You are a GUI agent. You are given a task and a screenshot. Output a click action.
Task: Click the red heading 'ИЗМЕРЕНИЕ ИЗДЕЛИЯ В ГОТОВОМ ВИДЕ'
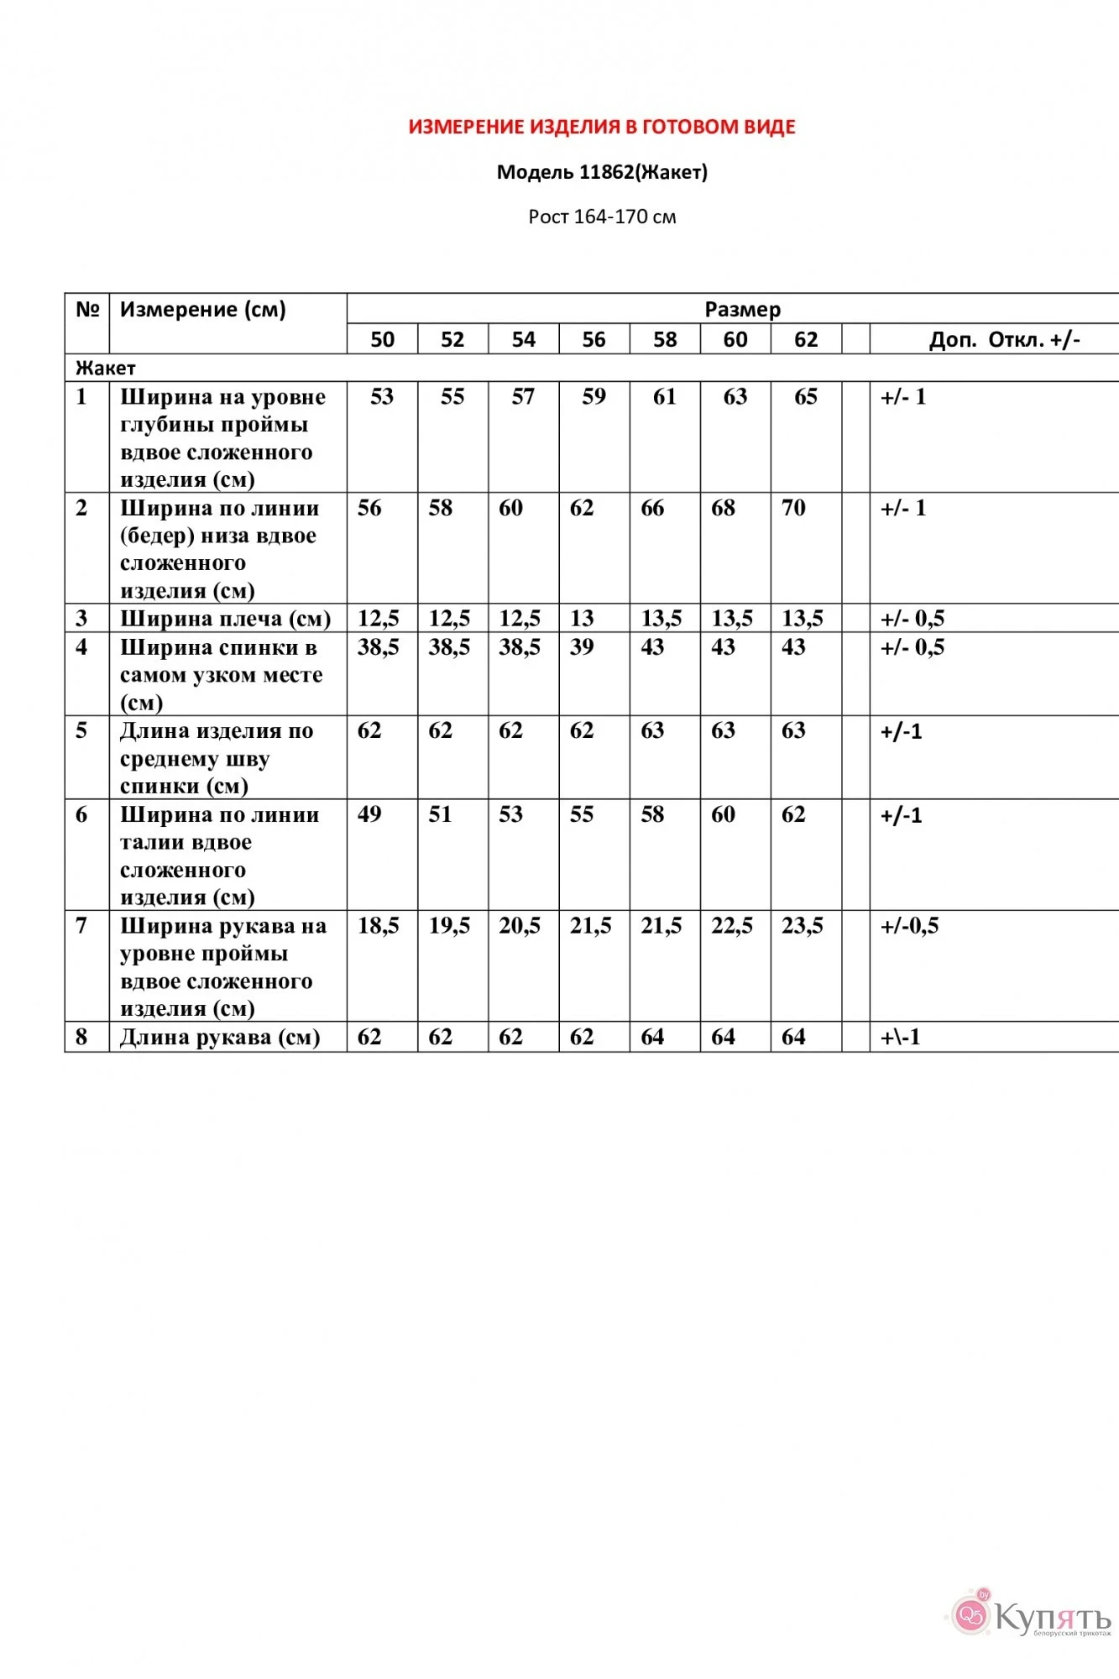pos(602,127)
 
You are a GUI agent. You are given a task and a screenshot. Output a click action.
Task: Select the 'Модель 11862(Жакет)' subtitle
pos(602,172)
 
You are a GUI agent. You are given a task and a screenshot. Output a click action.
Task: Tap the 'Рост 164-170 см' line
pos(602,217)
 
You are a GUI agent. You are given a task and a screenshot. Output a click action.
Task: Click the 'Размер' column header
pos(742,309)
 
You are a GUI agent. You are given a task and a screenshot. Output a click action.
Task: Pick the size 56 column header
pos(593,339)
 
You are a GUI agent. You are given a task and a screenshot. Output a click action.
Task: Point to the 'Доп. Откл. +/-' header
pos(1004,339)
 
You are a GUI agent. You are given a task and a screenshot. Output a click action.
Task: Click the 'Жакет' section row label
pos(106,368)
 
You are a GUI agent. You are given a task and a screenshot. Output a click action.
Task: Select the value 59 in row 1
pos(593,396)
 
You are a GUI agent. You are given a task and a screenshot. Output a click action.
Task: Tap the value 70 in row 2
pos(793,508)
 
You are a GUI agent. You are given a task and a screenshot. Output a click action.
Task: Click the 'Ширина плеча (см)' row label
pos(225,619)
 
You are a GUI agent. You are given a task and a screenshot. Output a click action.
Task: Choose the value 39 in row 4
pos(582,647)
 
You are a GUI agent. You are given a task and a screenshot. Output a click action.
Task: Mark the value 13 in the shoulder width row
pos(582,619)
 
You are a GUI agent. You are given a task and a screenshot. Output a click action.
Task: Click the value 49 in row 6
pos(369,814)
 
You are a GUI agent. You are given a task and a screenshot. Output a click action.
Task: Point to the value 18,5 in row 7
pos(379,926)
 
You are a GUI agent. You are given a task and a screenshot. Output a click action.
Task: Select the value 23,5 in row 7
pos(803,926)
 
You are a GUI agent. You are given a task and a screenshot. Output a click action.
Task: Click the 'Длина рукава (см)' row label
pos(220,1038)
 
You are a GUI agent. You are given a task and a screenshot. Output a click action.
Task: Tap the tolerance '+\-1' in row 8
pos(901,1038)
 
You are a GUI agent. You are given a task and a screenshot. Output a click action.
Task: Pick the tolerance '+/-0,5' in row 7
pos(909,926)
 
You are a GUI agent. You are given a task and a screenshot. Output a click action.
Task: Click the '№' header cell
pos(87,309)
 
